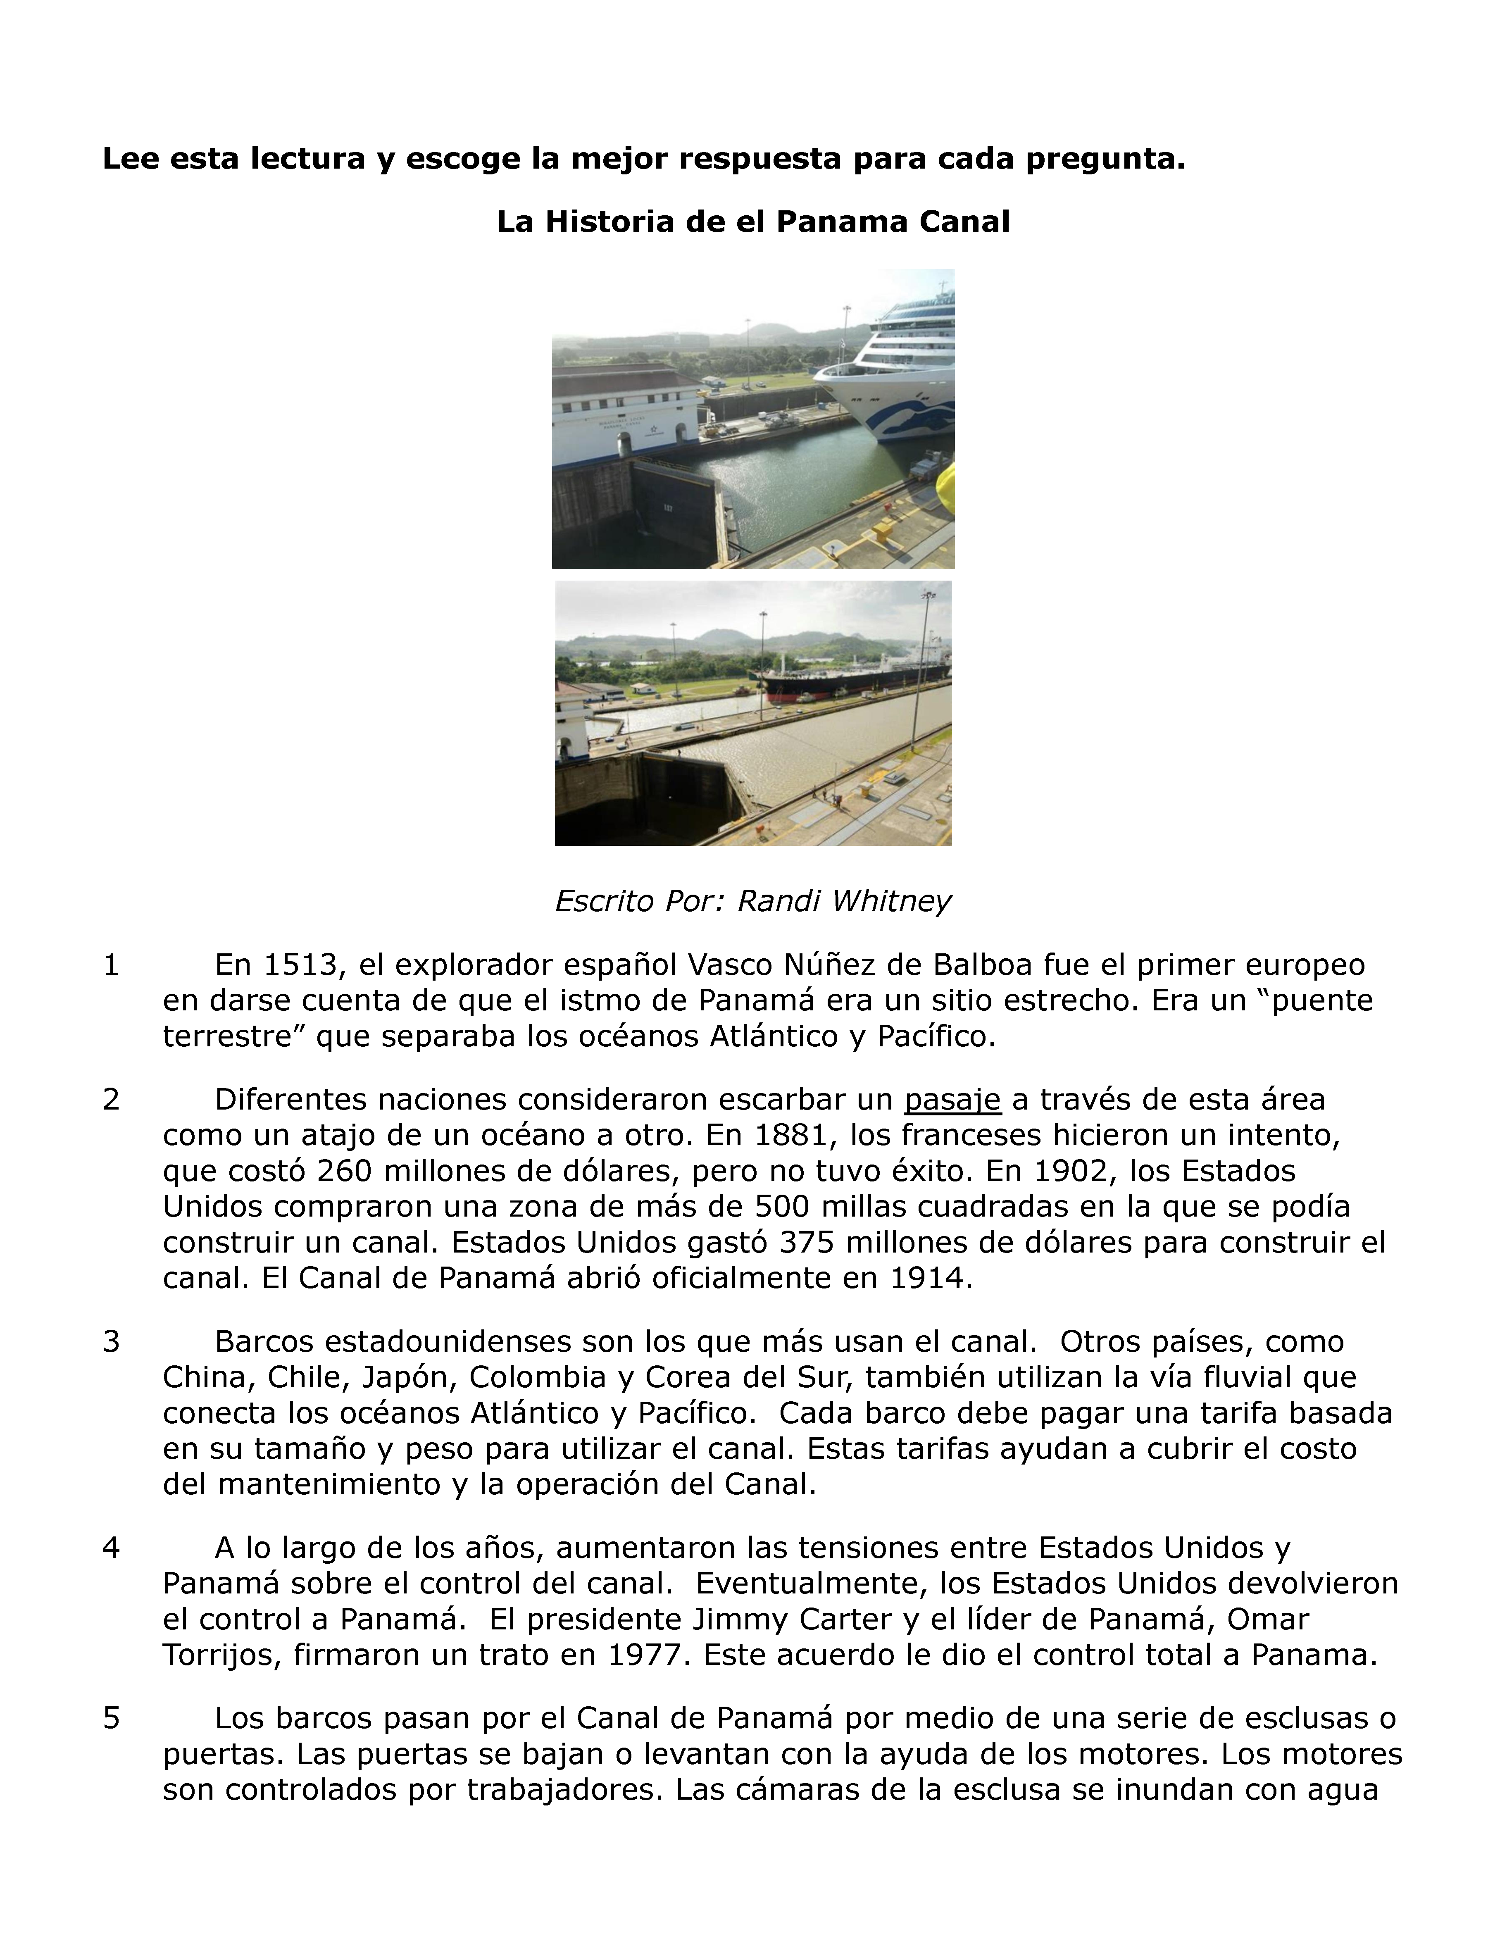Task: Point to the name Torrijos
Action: click(220, 1656)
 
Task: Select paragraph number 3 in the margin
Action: click(111, 1342)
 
